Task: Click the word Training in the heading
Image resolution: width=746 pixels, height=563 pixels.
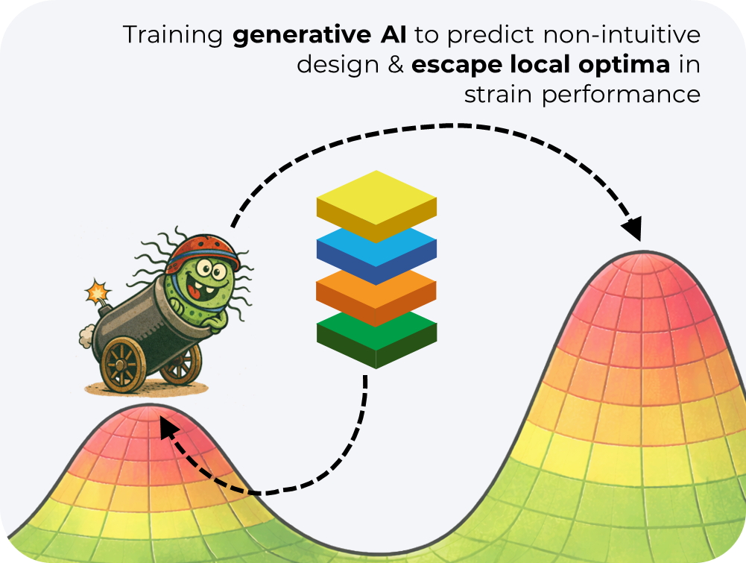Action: tap(173, 36)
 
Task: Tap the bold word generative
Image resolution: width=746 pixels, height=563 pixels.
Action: tap(302, 36)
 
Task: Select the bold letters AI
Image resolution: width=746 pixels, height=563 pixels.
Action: tap(393, 35)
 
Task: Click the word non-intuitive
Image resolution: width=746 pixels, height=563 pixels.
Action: tap(622, 35)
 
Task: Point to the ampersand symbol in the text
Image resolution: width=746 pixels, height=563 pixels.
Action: tap(396, 65)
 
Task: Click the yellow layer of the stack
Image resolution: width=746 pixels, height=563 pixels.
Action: tap(376, 206)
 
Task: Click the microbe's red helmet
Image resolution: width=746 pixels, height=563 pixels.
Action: tap(203, 250)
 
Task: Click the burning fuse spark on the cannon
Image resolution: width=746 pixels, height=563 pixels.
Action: tap(98, 292)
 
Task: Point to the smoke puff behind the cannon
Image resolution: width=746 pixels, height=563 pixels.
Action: tap(86, 336)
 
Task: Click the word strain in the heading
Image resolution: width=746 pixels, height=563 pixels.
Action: tap(498, 95)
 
